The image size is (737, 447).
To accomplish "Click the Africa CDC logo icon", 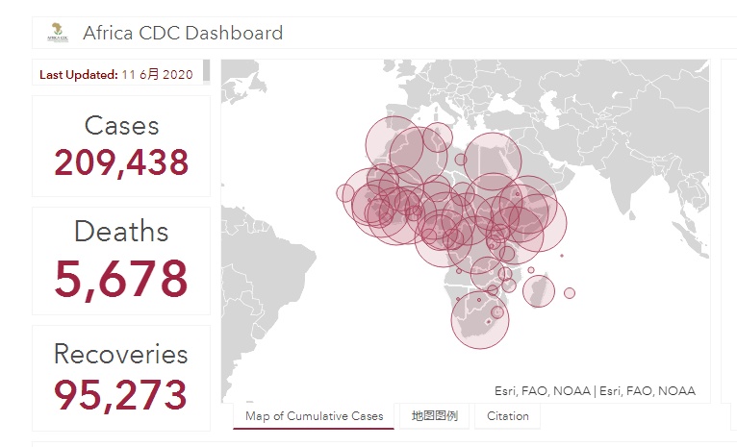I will (x=57, y=34).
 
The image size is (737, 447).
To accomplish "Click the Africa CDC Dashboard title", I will (x=183, y=34).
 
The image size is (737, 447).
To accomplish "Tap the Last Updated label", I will (x=78, y=74).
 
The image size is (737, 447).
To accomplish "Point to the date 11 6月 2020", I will (x=157, y=74).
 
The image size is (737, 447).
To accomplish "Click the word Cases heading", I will (x=121, y=125).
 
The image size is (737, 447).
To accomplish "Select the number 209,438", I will (x=121, y=163).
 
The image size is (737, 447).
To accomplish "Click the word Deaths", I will (x=121, y=232).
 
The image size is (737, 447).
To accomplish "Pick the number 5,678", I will (x=121, y=279).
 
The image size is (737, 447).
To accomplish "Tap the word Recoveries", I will (x=121, y=354).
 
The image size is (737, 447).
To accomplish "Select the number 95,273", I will (x=121, y=394).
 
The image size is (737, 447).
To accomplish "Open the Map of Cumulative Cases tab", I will (x=314, y=416).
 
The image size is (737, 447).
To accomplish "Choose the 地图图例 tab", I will (x=434, y=416).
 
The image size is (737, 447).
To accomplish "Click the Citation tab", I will (x=507, y=416).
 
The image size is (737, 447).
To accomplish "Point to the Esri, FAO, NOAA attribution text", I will (x=595, y=391).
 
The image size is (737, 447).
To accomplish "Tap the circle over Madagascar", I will (x=538, y=289).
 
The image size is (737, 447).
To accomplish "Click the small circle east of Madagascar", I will (x=570, y=292).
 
